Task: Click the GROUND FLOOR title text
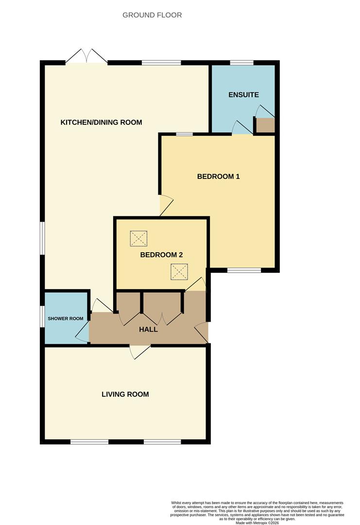tap(152, 15)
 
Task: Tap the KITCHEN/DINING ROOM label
tap(101, 122)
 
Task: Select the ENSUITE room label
tap(243, 95)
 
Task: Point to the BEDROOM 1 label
tap(218, 176)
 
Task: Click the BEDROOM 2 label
tap(161, 255)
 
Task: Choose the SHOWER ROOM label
tap(66, 319)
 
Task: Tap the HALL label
tap(148, 329)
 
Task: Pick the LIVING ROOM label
tap(125, 394)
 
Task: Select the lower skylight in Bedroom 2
tap(179, 271)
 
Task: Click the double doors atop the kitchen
tap(86, 57)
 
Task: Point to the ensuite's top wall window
tap(241, 63)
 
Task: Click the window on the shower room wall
tap(42, 318)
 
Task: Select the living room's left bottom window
tap(89, 442)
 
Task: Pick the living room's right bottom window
tap(163, 442)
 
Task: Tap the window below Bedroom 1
tap(244, 270)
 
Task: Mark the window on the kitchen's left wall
tap(42, 238)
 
